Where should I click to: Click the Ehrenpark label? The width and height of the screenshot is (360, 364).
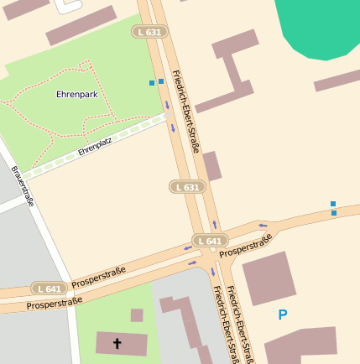pyautogui.click(x=77, y=95)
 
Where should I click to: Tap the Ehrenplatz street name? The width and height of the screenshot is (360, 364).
pyautogui.click(x=95, y=148)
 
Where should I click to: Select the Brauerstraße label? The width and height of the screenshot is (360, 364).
pyautogui.click(x=23, y=185)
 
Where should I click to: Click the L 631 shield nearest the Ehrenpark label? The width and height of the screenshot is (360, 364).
pyautogui.click(x=148, y=32)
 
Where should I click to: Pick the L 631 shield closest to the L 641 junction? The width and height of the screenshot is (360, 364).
pyautogui.click(x=187, y=186)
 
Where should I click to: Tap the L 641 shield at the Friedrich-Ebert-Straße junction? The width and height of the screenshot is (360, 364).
pyautogui.click(x=209, y=241)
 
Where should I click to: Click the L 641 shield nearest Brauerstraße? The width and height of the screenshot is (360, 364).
pyautogui.click(x=49, y=288)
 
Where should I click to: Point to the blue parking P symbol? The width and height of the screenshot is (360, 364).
pyautogui.click(x=283, y=315)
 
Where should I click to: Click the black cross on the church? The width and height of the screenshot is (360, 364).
pyautogui.click(x=117, y=343)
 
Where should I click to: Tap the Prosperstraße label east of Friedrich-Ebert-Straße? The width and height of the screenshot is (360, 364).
pyautogui.click(x=245, y=246)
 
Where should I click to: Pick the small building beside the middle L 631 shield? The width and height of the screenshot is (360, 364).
pyautogui.click(x=211, y=166)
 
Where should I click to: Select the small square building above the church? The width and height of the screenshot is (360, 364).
pyautogui.click(x=137, y=315)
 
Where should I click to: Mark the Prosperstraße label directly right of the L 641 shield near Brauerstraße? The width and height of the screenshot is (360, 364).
pyautogui.click(x=98, y=276)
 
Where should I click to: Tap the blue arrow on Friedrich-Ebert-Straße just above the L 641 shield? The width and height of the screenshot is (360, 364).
pyautogui.click(x=215, y=225)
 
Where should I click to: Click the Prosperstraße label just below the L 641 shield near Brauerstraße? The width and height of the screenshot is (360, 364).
pyautogui.click(x=54, y=303)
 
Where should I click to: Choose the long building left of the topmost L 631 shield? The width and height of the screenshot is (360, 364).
pyautogui.click(x=81, y=26)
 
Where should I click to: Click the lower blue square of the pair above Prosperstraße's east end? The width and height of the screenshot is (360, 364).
pyautogui.click(x=334, y=213)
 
